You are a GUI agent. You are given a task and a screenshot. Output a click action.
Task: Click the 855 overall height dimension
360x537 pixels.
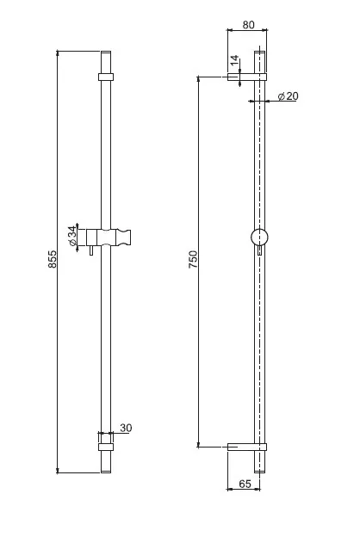(52, 259)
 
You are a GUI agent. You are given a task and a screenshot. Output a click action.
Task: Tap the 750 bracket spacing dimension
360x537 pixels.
(194, 259)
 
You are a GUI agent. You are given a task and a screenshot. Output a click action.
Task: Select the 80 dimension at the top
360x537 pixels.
(249, 25)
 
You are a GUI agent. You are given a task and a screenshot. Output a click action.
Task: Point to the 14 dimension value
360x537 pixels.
(234, 60)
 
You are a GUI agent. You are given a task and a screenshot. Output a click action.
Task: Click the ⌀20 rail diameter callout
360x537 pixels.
(288, 96)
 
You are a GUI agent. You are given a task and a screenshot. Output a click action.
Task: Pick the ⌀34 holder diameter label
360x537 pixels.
(72, 236)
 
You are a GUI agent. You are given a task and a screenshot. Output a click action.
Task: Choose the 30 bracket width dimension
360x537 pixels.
(126, 428)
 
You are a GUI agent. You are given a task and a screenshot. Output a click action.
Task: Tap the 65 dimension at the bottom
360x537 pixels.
(245, 484)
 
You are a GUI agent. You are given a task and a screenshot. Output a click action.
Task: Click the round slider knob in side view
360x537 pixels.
(259, 237)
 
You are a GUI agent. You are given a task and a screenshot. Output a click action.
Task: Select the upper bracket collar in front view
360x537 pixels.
(106, 77)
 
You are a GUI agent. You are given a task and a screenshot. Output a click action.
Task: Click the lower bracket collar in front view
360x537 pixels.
(106, 447)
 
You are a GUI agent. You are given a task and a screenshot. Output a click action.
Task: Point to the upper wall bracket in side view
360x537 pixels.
(247, 77)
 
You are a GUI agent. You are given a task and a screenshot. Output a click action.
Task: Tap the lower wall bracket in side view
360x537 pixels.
(247, 447)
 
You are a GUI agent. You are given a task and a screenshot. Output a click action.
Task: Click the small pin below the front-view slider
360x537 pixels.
(91, 250)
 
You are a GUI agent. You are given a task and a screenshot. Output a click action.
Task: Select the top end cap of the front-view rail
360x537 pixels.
(106, 62)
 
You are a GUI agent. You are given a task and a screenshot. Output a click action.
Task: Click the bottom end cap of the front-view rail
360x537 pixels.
(106, 462)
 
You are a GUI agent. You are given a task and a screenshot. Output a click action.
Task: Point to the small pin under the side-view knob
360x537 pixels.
(259, 250)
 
